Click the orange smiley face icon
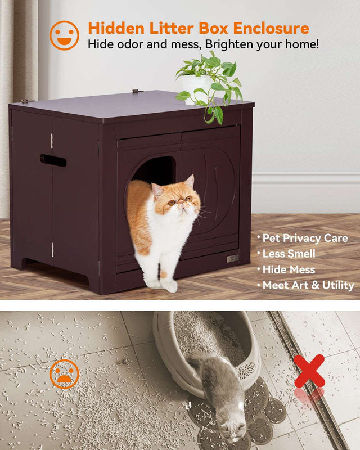(x=64, y=35)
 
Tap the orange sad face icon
(x=64, y=374)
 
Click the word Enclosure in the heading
(x=271, y=28)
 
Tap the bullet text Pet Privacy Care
(x=305, y=238)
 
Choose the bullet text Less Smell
(x=289, y=254)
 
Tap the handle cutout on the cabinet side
(x=53, y=161)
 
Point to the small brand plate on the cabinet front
(x=233, y=259)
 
